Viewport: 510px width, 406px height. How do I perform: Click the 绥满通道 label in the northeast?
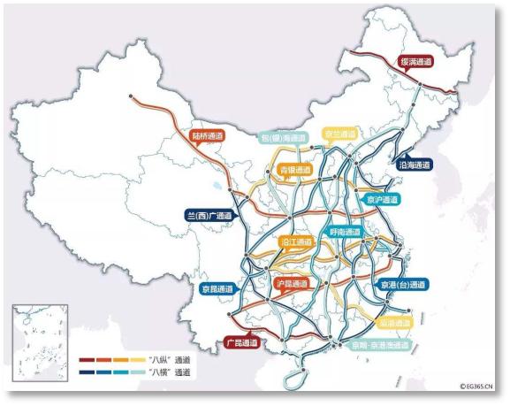415,62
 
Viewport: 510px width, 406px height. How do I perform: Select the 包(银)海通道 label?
283,138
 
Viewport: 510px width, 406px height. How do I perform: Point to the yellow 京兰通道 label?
340,134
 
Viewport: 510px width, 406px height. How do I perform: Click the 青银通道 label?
296,168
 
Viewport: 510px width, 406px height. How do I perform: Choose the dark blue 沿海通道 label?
414,165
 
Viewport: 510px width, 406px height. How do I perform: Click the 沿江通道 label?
296,241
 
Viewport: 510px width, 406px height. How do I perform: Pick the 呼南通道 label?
345,232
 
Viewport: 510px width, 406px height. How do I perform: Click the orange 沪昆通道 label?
292,284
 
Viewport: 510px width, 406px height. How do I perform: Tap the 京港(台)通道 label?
402,284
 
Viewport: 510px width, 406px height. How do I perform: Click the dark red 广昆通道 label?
240,341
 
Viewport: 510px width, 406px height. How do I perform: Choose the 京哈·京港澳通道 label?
382,344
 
